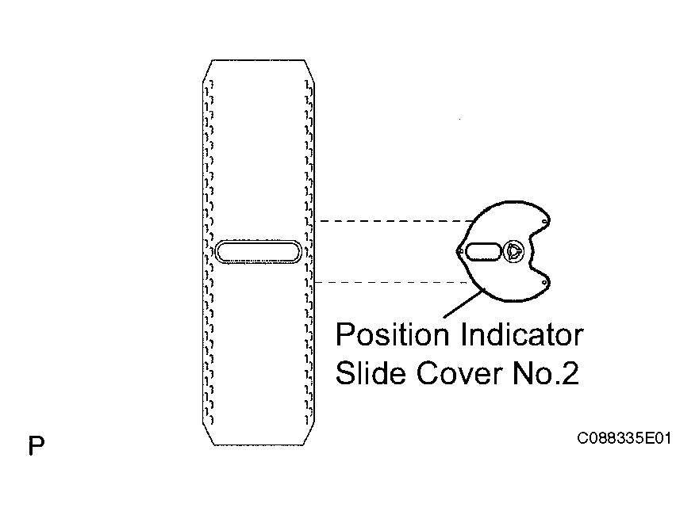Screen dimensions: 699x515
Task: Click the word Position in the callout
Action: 392,334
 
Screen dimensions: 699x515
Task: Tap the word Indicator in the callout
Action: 522,334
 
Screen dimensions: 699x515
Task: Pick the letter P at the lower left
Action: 36,445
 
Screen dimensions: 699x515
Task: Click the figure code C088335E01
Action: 624,438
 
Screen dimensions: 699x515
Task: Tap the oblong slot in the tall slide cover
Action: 258,251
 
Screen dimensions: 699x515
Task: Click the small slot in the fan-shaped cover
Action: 483,251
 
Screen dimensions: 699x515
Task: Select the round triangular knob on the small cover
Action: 513,251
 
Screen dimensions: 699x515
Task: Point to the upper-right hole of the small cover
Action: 544,221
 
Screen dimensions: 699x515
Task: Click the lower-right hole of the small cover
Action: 544,283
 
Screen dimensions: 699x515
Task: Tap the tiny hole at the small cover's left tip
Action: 459,251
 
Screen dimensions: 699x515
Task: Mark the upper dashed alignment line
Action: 394,221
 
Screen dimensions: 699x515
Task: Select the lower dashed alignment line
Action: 391,282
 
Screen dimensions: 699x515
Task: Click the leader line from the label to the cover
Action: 464,303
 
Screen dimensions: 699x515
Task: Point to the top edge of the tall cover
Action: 258,59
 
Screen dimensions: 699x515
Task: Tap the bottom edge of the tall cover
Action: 258,444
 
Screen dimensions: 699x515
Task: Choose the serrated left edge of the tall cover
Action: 208,251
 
